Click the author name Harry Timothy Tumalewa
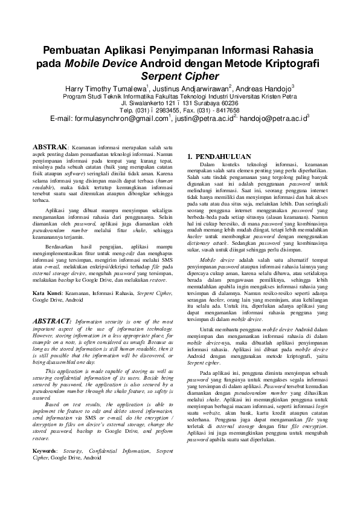[106, 89]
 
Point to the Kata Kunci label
[48, 292]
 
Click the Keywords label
[45, 450]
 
